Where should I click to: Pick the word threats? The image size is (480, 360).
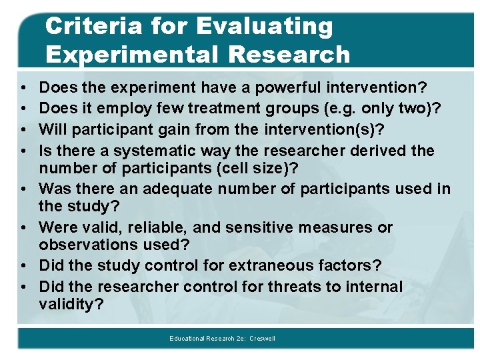click(296, 287)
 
